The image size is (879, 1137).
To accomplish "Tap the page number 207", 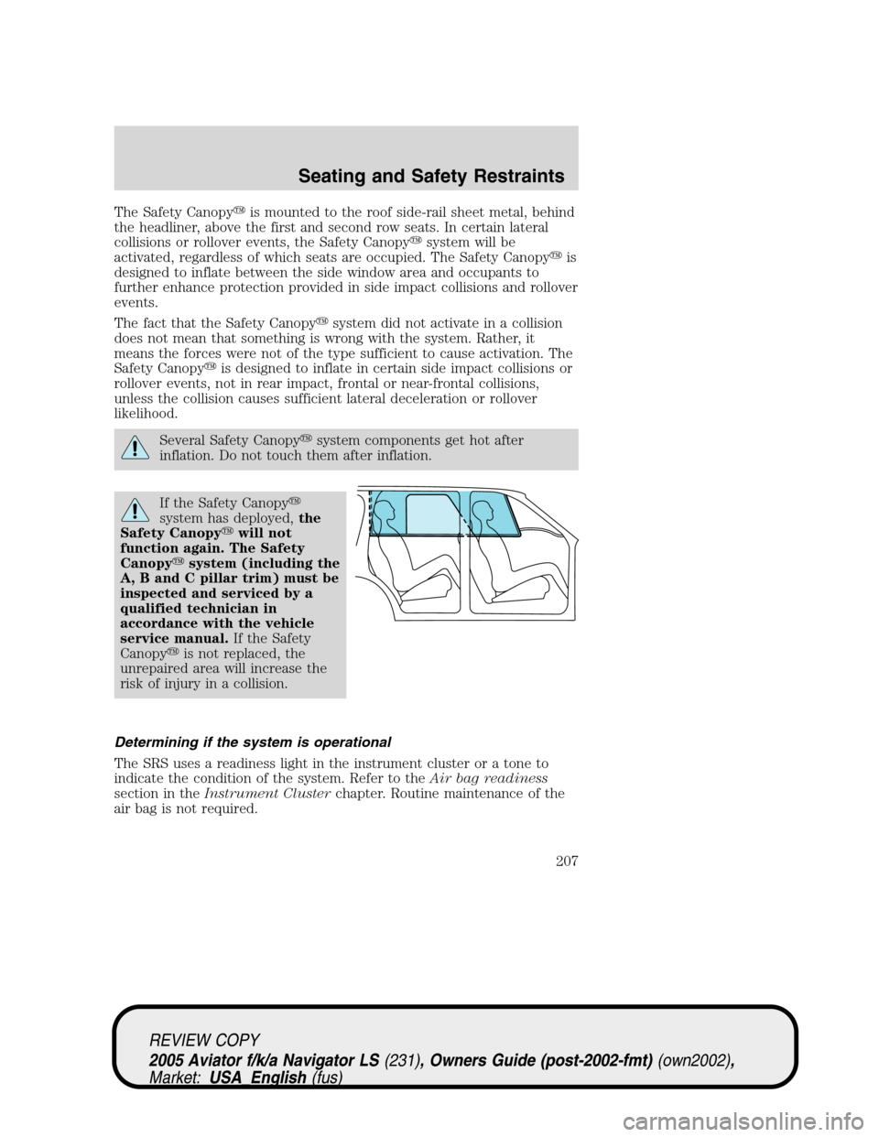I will click(565, 861).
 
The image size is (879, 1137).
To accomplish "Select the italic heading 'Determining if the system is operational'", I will click(252, 742).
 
